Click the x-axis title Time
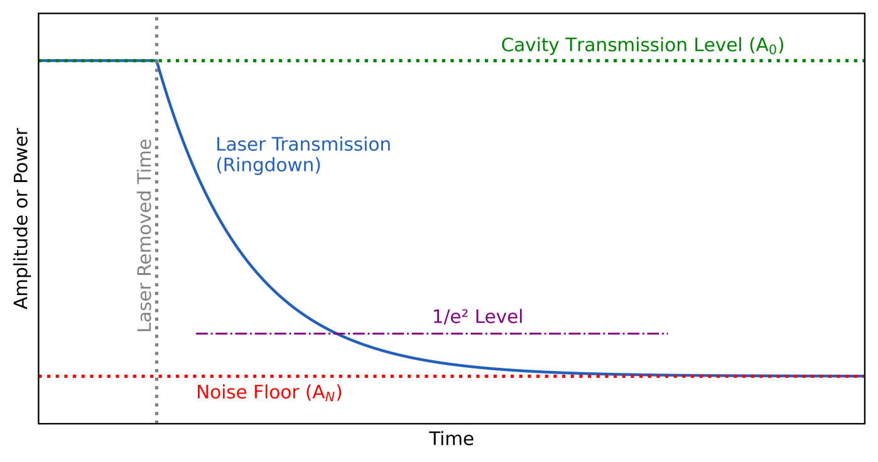click(451, 439)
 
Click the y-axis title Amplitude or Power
click(21, 218)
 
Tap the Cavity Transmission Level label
click(642, 45)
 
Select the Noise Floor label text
click(269, 393)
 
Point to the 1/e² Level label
click(477, 317)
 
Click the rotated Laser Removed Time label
click(145, 235)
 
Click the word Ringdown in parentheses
click(268, 165)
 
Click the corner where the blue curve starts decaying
click(156, 61)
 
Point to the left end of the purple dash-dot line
click(197, 333)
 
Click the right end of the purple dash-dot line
click(668, 333)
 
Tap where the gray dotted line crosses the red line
click(156, 376)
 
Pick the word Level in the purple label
click(500, 317)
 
